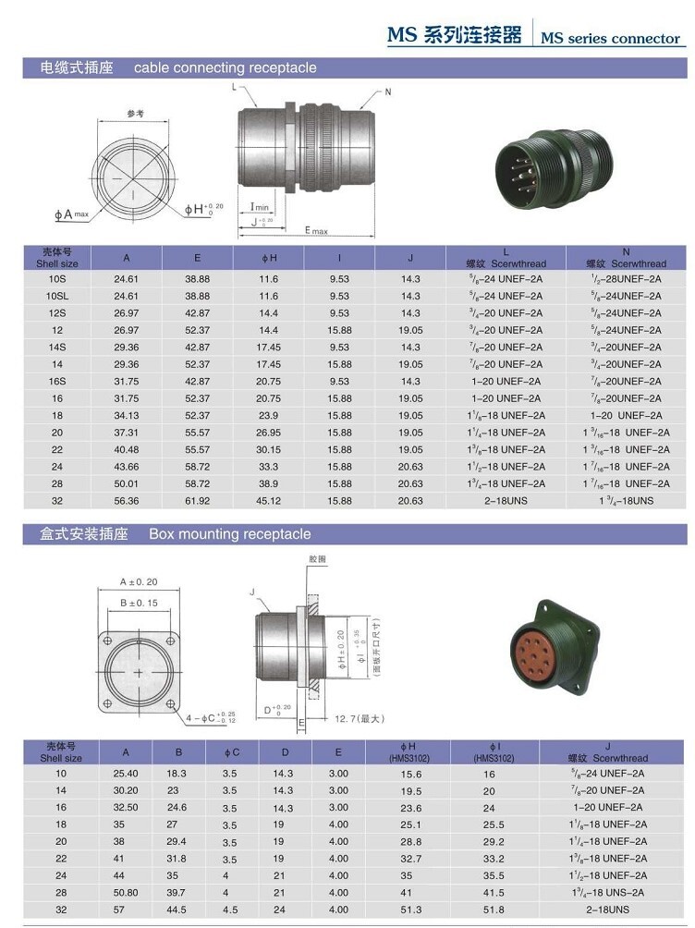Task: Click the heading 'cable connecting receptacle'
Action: point(225,67)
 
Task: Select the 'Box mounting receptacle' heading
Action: point(229,534)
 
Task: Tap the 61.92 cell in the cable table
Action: point(197,500)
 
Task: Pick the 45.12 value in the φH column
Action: point(268,500)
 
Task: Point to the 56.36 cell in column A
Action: point(126,500)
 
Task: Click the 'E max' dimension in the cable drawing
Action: point(316,230)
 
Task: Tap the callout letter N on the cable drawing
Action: point(388,92)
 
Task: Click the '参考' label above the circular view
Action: point(135,114)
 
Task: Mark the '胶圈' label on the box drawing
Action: point(318,559)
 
